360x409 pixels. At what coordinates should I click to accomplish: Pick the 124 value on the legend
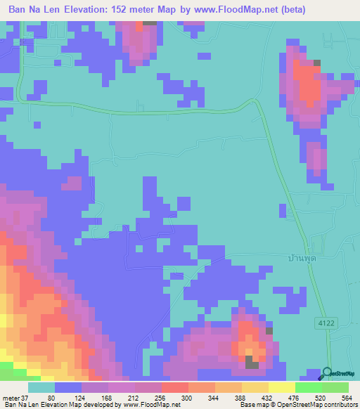point(88,398)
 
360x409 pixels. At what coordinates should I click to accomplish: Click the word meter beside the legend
point(9,398)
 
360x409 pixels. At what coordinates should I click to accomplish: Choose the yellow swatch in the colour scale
point(281,387)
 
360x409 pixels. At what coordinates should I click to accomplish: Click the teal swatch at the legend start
point(41,387)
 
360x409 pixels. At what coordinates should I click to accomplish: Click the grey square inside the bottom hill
point(251,362)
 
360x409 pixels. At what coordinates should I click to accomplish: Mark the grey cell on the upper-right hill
point(316,63)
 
